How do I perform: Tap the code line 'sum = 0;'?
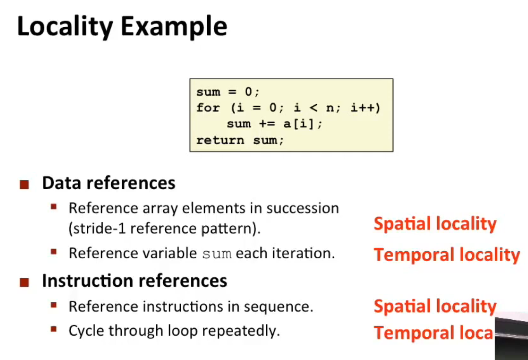227,92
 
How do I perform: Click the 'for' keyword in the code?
208,108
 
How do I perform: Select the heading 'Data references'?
109,183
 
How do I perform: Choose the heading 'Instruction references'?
134,281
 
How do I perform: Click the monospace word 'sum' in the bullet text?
217,254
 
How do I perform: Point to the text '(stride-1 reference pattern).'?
164,229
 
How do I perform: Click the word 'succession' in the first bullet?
302,208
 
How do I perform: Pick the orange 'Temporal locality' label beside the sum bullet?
447,255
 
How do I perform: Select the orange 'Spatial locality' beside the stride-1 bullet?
435,224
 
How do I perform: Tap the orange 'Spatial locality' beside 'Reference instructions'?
435,306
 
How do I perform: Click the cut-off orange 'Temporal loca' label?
433,333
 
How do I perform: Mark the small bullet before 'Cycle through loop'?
54,329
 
